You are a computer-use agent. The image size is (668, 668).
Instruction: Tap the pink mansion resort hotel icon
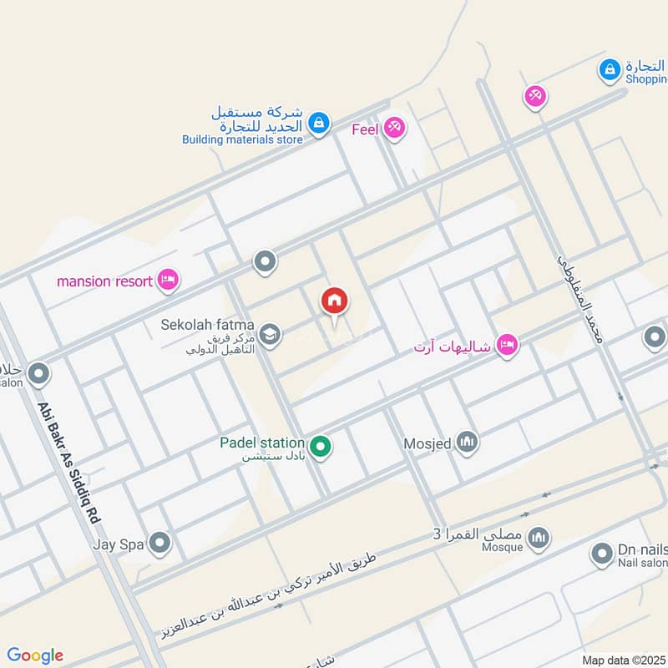point(168,281)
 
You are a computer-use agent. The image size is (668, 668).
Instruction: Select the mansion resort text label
point(104,281)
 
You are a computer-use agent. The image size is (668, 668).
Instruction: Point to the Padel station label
point(261,442)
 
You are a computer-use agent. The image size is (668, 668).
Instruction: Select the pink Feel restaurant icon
point(395,129)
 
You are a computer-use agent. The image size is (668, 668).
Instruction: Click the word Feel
point(365,129)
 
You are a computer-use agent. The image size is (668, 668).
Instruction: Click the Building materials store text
point(242,140)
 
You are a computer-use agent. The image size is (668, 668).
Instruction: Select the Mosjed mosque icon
point(467,442)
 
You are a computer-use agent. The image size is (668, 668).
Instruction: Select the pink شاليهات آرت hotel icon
point(506,344)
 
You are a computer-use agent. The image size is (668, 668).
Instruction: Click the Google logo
point(35,655)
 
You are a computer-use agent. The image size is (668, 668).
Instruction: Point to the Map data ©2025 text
point(622,660)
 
